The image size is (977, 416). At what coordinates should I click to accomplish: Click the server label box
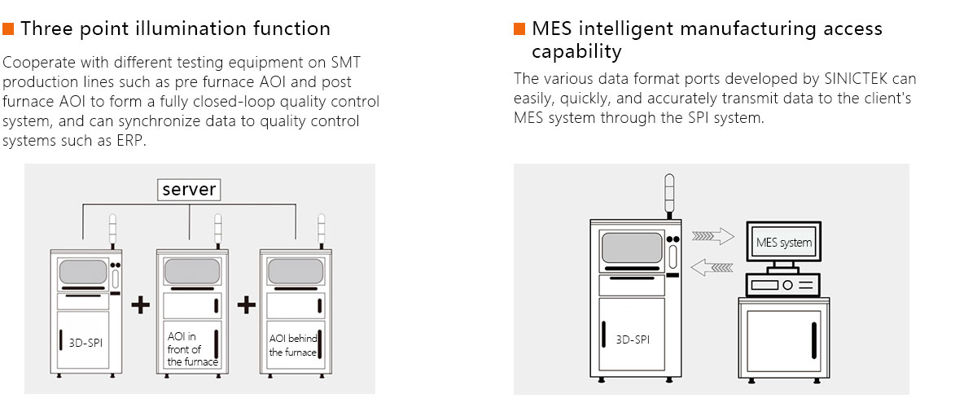point(189,190)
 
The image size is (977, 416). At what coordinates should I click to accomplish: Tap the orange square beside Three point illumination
point(9,29)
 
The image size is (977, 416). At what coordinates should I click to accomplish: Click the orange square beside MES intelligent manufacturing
point(519,29)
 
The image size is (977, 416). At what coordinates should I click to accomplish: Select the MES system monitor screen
point(783,242)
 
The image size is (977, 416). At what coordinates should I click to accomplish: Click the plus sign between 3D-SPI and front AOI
point(141,305)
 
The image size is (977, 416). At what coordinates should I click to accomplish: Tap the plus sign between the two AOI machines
point(246,305)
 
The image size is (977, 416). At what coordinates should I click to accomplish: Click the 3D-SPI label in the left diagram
point(85,342)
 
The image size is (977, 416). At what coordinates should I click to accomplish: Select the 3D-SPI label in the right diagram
point(633,339)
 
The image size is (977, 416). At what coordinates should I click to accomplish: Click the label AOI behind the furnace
point(293,345)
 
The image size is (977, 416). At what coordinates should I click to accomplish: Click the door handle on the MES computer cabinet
point(813,339)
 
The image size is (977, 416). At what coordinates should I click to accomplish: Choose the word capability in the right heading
point(576,52)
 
